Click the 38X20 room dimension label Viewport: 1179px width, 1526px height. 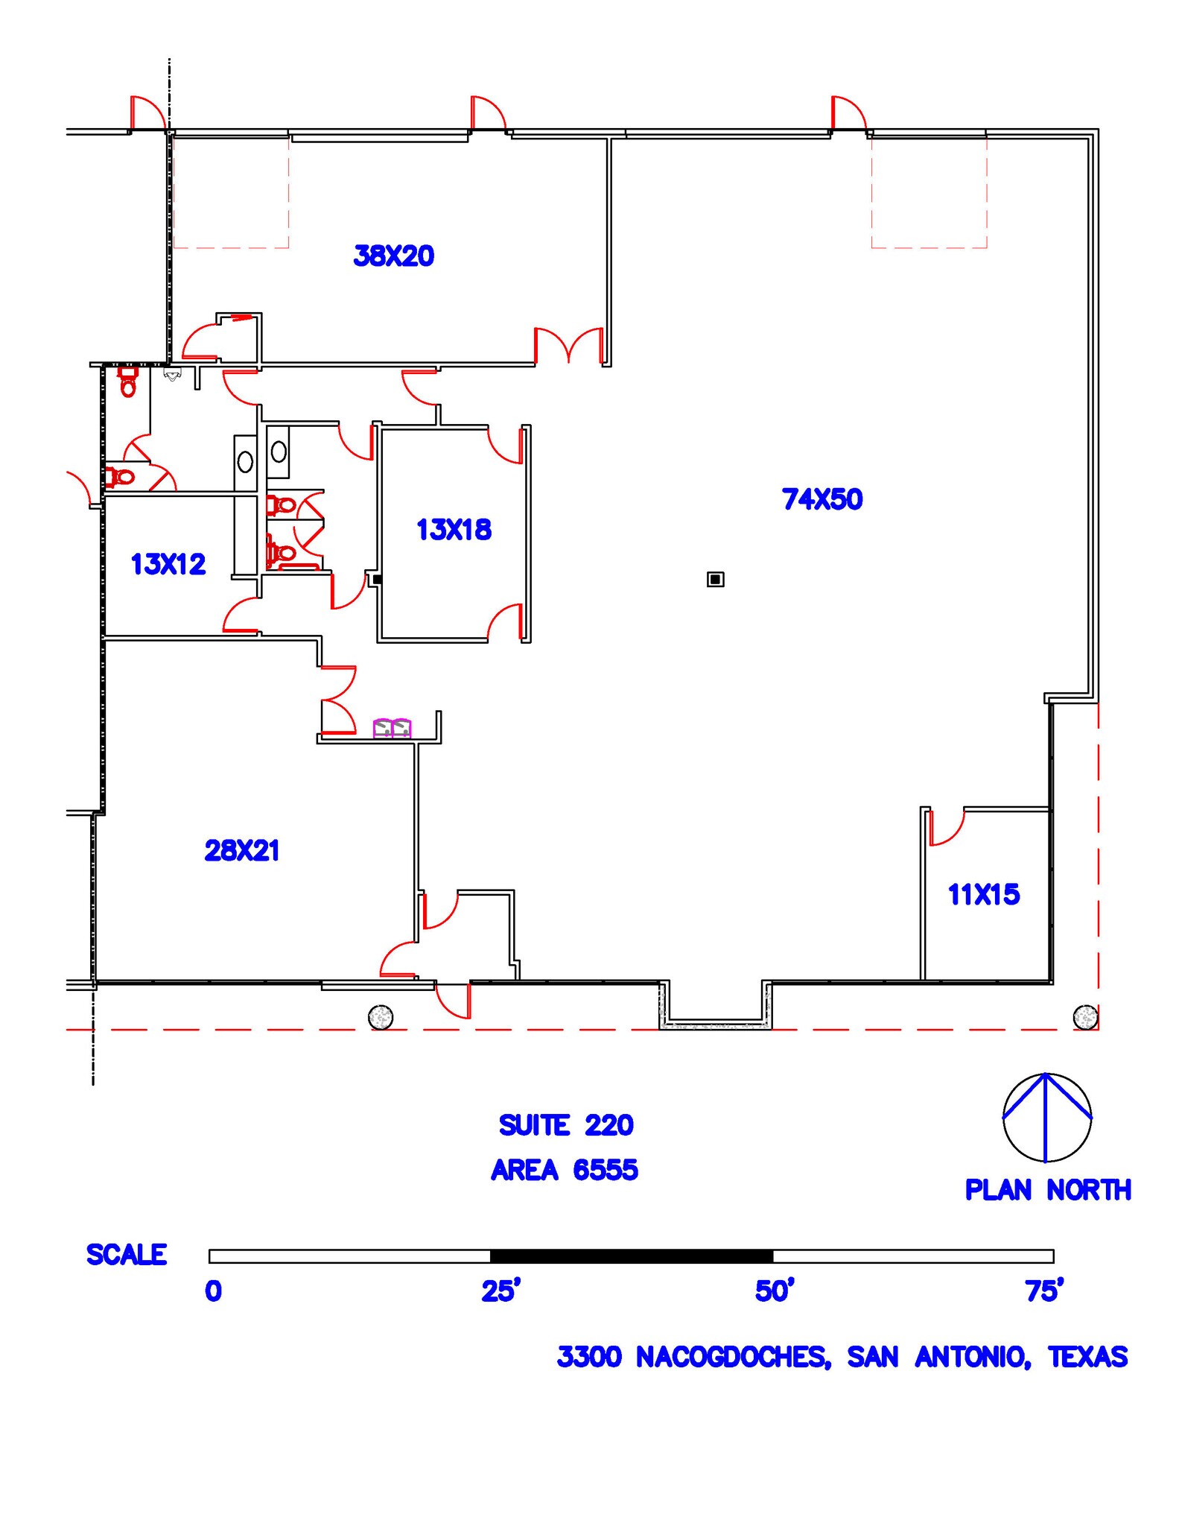click(393, 256)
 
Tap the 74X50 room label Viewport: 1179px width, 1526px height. click(822, 499)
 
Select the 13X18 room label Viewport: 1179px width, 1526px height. click(454, 530)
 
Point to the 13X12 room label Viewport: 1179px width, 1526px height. click(168, 564)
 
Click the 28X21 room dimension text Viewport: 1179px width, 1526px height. click(241, 850)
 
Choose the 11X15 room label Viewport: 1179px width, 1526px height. click(983, 894)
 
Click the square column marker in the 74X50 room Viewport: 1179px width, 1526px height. click(715, 579)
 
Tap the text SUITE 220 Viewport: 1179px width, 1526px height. click(565, 1125)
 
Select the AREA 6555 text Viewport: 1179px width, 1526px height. click(564, 1170)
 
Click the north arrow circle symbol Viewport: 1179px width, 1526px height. click(1046, 1117)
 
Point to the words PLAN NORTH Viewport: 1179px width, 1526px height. click(1047, 1190)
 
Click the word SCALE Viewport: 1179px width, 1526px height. click(127, 1255)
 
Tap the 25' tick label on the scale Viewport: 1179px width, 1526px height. click(500, 1291)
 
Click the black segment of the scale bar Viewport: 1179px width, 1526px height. click(631, 1256)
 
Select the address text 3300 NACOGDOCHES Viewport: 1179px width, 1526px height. click(693, 1357)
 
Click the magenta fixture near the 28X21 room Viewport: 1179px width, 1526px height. click(392, 728)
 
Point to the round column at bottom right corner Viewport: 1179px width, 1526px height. click(1085, 1016)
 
